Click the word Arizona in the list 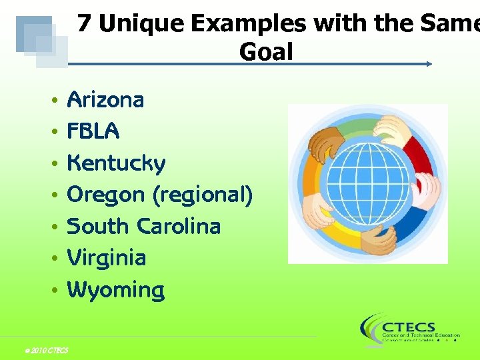pos(106,100)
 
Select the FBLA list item pos(93,131)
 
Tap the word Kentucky pos(117,163)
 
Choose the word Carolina pos(178,226)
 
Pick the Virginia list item pos(107,257)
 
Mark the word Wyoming pos(116,290)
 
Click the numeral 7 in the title pos(84,24)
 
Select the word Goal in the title pos(266,51)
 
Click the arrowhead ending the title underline pos(429,64)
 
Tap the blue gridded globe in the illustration pos(367,183)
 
